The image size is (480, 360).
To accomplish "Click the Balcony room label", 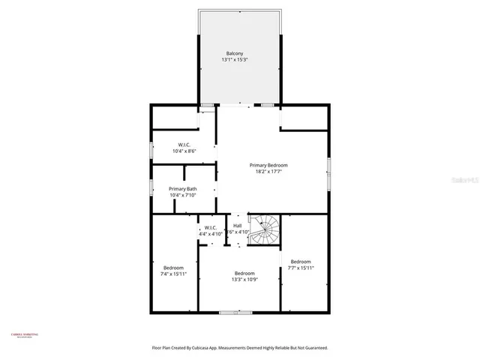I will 235,53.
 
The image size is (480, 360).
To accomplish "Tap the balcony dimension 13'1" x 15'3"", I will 235,60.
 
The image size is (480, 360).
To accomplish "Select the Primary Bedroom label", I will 268,165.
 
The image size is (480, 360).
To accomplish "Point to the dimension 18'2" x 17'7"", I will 268,172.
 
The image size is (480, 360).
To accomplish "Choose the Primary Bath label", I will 183,189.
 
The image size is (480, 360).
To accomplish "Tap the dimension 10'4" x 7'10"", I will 183,196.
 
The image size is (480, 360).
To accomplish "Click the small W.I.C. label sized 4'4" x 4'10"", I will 210,227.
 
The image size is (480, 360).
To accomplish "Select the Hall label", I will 237,226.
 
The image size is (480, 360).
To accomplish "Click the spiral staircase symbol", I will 265,229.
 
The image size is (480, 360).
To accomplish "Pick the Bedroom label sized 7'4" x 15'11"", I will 174,267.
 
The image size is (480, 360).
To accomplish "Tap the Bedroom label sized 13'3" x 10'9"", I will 244,273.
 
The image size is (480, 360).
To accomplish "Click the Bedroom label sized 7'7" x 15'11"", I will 301,261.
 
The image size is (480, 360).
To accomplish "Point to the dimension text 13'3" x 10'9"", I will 244,280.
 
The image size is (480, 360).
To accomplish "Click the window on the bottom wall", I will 235,311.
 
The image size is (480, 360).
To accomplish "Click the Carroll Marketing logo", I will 24,335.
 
